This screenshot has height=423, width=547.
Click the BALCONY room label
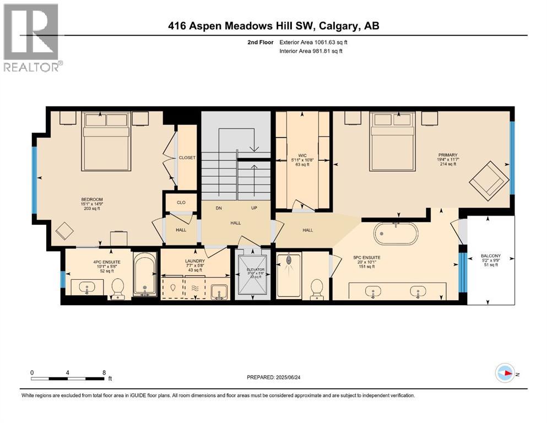pyautogui.click(x=490, y=256)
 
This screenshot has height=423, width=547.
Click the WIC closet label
pyautogui.click(x=301, y=155)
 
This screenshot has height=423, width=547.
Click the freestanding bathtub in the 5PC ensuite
pyautogui.click(x=396, y=234)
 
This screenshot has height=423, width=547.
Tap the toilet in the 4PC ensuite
pyautogui.click(x=118, y=288)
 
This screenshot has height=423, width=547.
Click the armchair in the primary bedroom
pyautogui.click(x=489, y=179)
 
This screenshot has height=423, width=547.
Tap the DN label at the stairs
pyautogui.click(x=219, y=208)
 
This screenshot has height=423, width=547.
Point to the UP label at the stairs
pyautogui.click(x=254, y=208)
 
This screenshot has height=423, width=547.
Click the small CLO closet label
pyautogui.click(x=181, y=202)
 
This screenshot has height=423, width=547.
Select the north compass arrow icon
pyautogui.click(x=505, y=373)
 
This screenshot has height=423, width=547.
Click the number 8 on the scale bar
pyautogui.click(x=104, y=372)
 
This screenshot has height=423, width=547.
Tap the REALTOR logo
pyautogui.click(x=31, y=36)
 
